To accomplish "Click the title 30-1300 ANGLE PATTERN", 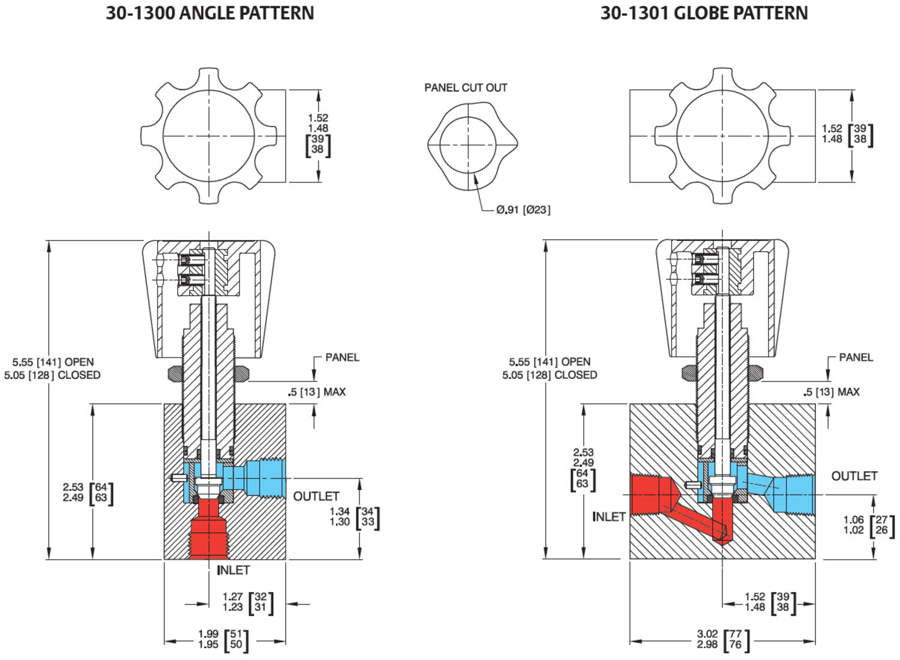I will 210,13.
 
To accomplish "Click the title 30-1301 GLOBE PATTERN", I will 704,13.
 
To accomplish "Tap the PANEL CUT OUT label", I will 466,88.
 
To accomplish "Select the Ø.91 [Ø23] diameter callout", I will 523,210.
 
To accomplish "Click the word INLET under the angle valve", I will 233,570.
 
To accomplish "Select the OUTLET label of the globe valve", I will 854,476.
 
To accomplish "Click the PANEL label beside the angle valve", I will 342,357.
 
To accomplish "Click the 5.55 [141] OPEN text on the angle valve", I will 53,362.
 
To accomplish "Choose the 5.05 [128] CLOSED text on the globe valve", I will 550,375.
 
